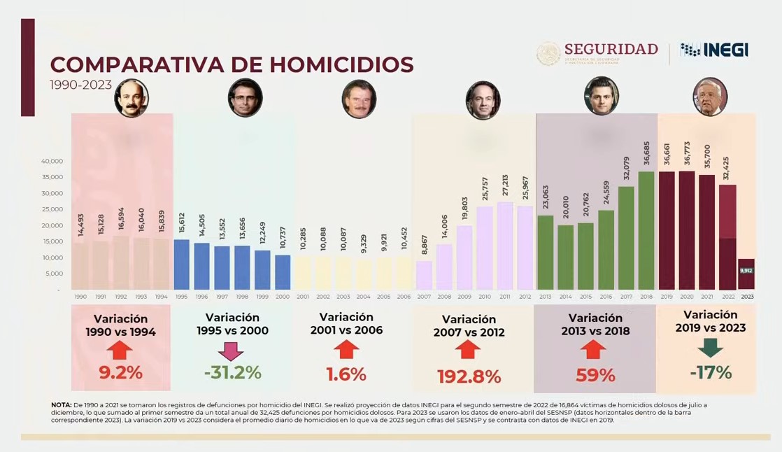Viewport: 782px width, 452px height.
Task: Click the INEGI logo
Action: [714, 50]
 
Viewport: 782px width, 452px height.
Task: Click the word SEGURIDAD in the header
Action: [611, 49]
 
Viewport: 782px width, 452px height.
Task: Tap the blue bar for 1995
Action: [181, 264]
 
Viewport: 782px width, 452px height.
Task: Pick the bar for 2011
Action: [505, 246]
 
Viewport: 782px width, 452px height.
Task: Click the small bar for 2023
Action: [746, 274]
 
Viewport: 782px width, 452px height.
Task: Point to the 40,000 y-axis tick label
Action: [52, 161]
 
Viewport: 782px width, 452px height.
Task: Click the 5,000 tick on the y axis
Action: [54, 274]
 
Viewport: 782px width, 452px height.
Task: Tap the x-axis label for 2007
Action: [424, 297]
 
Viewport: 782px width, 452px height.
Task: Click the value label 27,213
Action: [505, 187]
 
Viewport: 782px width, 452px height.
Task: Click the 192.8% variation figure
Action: [469, 376]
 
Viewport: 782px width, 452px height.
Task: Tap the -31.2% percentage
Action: [233, 373]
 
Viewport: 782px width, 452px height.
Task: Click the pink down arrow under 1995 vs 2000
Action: [231, 351]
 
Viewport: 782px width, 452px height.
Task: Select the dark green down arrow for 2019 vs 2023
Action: [711, 348]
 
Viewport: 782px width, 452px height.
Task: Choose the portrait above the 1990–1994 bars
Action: [131, 98]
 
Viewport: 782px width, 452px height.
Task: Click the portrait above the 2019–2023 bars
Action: [710, 97]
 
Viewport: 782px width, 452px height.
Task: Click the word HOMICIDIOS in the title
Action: [341, 64]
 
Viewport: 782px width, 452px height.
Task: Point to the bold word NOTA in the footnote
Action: [61, 405]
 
